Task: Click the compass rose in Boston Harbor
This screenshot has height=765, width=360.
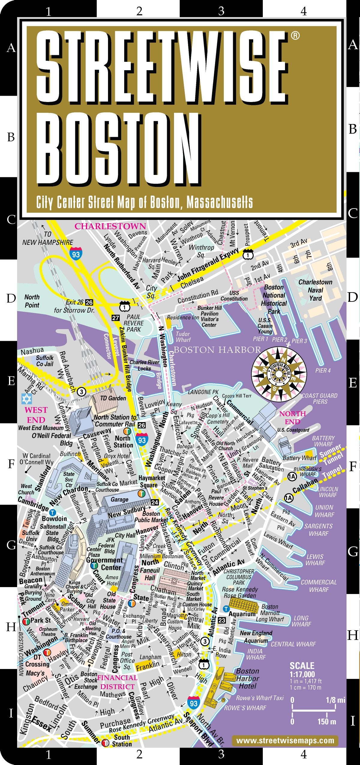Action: click(279, 374)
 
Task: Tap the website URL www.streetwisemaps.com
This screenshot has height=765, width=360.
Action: click(285, 740)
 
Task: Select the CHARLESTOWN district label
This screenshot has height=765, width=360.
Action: click(110, 226)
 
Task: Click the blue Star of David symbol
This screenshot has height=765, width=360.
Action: click(26, 399)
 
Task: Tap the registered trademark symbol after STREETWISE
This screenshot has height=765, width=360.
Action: click(295, 36)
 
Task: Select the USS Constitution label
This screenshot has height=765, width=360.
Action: click(234, 296)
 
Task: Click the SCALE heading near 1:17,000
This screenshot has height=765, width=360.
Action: click(302, 666)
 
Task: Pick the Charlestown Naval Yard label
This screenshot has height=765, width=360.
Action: click(315, 290)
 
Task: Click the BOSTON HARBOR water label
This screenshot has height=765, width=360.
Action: click(217, 350)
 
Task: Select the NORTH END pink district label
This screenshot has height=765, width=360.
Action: click(292, 417)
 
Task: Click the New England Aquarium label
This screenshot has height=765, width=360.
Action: click(256, 637)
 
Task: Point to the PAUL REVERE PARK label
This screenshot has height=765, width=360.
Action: click(133, 323)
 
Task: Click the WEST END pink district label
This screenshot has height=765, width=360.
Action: click(36, 415)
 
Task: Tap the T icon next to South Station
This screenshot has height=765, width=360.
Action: click(105, 743)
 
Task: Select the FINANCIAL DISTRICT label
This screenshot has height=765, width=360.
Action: click(117, 682)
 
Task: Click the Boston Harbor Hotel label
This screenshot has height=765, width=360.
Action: click(247, 678)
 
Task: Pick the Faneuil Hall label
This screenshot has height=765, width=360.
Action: click(150, 574)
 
